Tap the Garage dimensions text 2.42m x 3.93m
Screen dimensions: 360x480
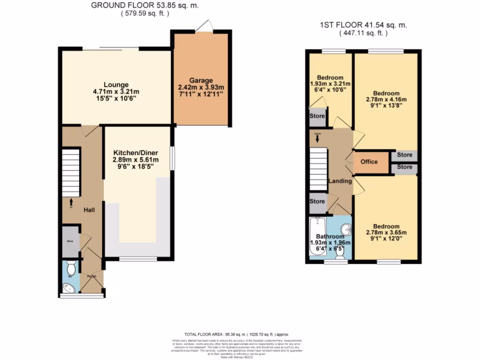point(201,87)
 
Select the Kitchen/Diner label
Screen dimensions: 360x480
point(135,153)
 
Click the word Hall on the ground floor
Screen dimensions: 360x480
point(89,210)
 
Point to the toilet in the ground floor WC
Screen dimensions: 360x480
point(71,269)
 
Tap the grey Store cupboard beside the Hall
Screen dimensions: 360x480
point(70,242)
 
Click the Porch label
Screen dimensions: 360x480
point(91,277)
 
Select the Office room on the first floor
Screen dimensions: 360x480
point(369,162)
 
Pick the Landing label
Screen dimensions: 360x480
point(340,181)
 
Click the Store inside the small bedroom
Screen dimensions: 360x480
point(317,116)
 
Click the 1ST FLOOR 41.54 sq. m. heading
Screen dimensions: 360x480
point(364,25)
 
